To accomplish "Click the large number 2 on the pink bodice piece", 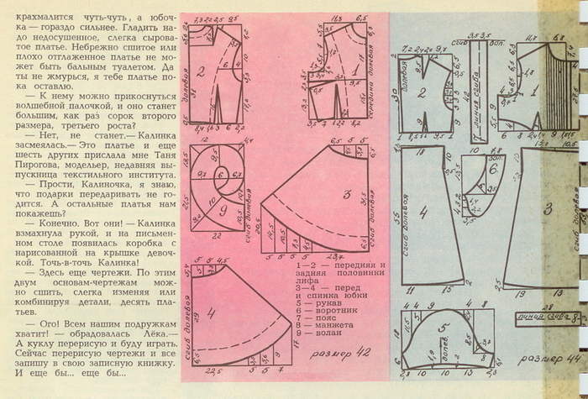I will pos(202,73).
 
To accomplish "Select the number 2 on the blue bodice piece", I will pos(422,93).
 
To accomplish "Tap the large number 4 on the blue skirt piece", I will pos(423,213).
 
